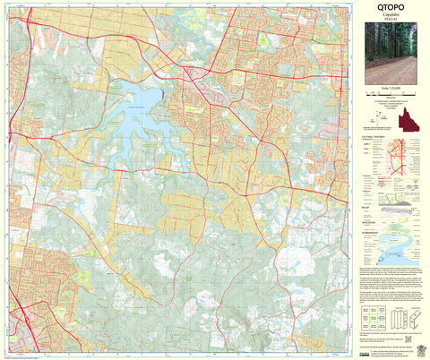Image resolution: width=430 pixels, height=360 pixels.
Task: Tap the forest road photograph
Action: click(391, 56)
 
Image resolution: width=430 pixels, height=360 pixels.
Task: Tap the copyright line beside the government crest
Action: click(383, 350)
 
